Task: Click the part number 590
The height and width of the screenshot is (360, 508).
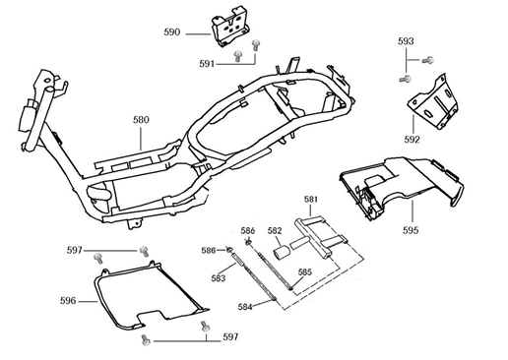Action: [x=171, y=32]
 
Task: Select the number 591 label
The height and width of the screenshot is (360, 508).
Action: [x=207, y=64]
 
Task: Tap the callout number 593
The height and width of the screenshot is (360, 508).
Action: [x=406, y=42]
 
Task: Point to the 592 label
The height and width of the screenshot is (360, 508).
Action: [x=412, y=139]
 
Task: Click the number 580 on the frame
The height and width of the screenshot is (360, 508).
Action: [x=141, y=120]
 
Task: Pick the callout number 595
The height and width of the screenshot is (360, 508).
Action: [x=410, y=230]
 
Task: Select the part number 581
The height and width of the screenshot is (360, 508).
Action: [x=310, y=200]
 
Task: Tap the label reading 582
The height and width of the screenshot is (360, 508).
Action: [x=275, y=231]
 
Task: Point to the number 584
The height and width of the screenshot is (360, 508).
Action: [x=246, y=307]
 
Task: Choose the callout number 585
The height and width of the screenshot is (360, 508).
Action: [x=305, y=272]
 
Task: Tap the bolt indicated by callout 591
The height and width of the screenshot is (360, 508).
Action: [x=255, y=45]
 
